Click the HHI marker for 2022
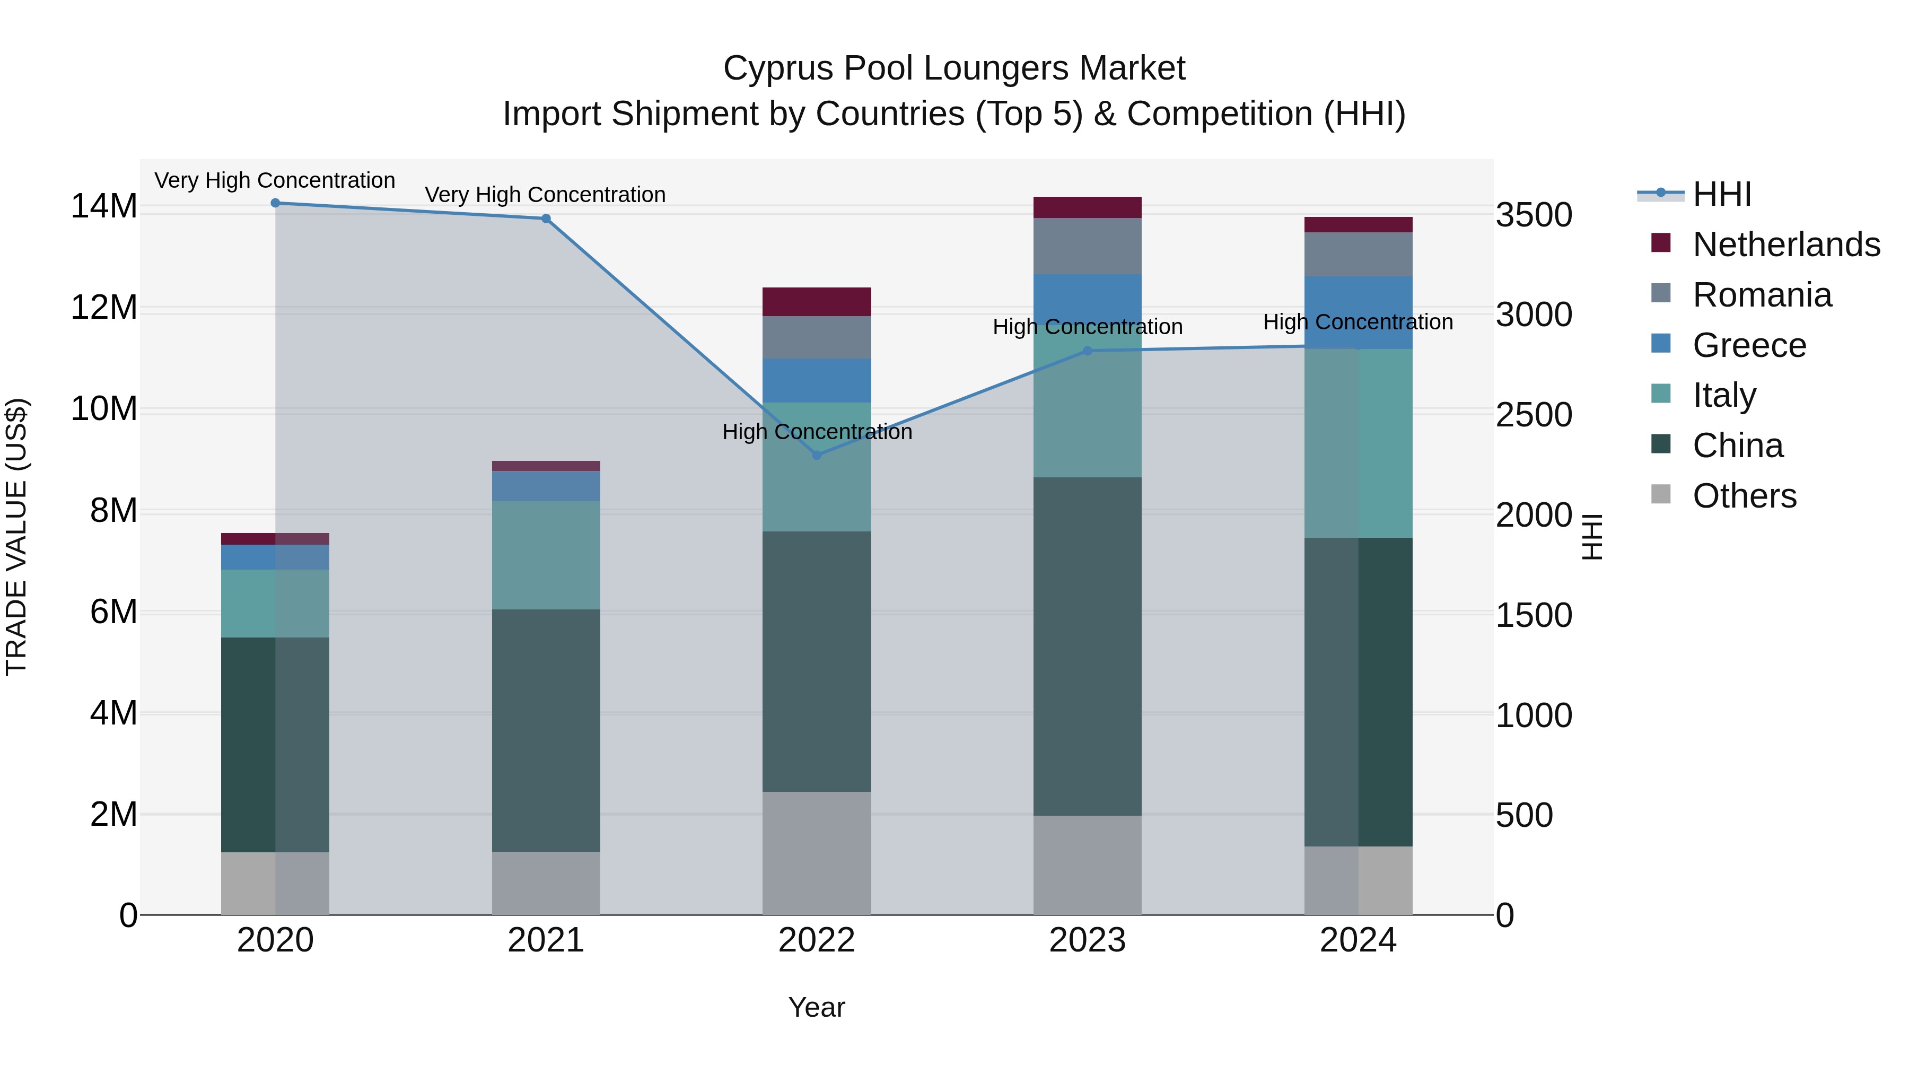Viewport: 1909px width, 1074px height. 817,455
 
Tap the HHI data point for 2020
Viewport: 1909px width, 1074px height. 275,203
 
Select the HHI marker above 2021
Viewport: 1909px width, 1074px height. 546,219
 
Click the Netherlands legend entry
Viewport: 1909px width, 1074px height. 1786,245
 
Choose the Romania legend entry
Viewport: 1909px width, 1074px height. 1762,295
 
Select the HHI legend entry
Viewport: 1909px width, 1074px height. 1721,194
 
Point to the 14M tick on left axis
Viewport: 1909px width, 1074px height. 104,206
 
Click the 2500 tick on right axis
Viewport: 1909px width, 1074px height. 1533,415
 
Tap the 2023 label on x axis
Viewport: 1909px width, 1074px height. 1087,940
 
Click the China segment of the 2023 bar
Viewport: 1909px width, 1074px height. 1087,645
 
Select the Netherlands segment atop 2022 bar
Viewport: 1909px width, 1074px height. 817,302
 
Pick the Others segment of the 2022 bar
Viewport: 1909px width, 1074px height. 817,852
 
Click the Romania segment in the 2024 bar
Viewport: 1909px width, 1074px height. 1358,254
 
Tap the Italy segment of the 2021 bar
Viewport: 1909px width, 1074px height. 546,555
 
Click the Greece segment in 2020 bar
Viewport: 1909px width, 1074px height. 275,557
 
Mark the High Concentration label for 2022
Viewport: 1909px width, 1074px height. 817,432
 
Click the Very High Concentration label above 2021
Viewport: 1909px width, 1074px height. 545,195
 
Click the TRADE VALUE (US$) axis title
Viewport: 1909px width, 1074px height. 16,537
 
